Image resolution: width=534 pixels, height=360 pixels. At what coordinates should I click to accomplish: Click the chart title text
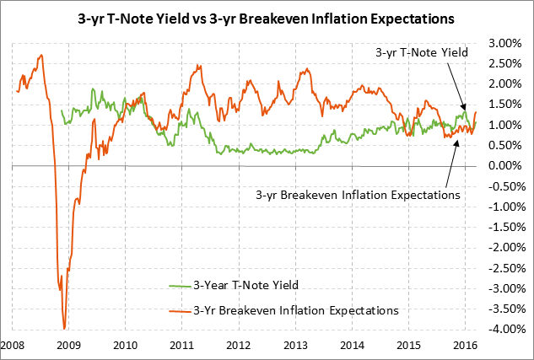tap(267, 16)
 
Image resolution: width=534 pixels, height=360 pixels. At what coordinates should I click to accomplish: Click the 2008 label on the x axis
tap(12, 345)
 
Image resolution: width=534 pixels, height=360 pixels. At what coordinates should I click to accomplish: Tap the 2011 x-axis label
tap(182, 345)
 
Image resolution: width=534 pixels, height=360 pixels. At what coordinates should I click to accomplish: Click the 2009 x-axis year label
tap(68, 345)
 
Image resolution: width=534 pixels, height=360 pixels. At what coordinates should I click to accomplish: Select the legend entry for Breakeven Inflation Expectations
tap(295, 309)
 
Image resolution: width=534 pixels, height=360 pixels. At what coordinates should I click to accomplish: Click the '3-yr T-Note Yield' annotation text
tap(422, 52)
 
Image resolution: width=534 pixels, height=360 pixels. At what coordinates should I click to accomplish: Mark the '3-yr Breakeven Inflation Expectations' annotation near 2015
tap(357, 194)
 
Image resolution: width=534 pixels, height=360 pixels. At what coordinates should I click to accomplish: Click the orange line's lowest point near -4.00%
tap(64, 328)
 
